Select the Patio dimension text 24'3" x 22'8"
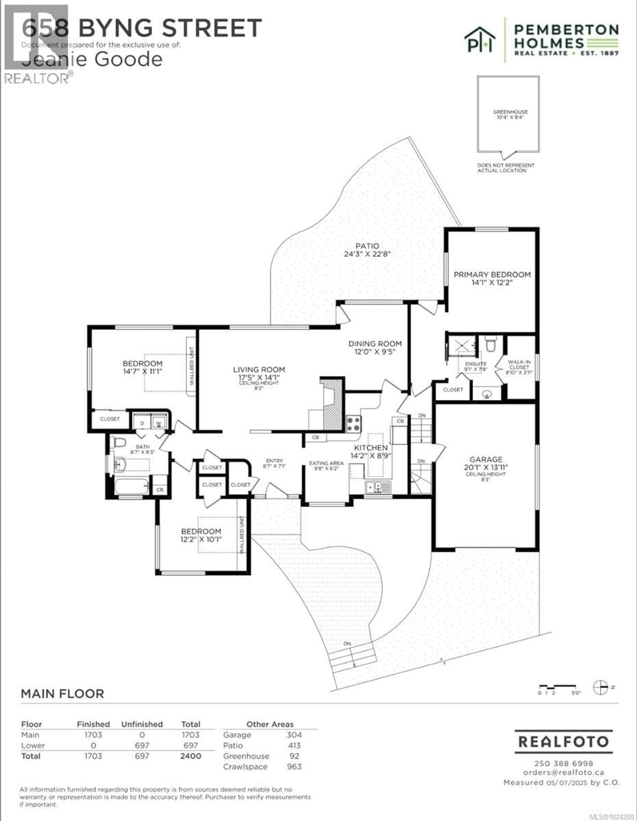(367, 254)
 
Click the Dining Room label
(375, 344)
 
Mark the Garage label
(486, 459)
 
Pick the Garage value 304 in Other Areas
(294, 735)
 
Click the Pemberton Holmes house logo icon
(479, 39)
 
